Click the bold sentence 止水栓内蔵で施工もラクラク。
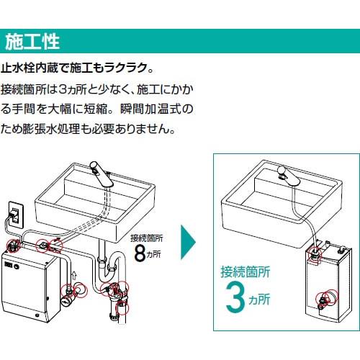77,70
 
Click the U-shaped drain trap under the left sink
108,265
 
